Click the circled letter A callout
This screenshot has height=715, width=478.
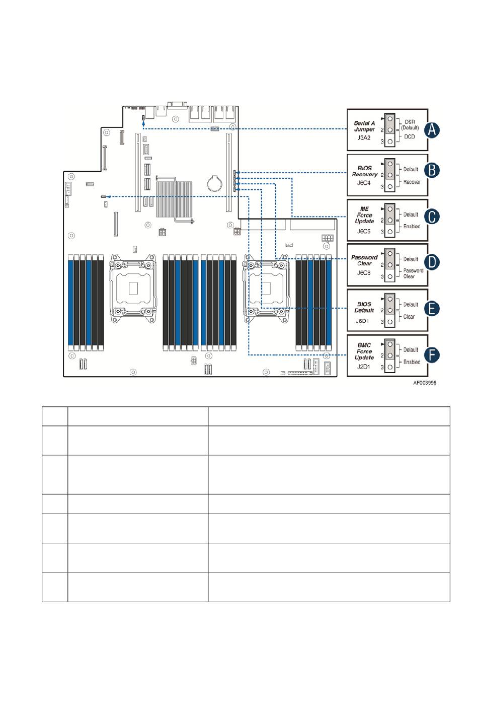point(431,130)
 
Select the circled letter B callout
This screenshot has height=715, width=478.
point(431,170)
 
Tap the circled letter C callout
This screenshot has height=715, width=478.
point(431,217)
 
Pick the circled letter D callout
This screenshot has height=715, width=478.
point(431,262)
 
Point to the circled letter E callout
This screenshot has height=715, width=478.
point(431,309)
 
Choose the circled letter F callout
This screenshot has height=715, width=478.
point(431,355)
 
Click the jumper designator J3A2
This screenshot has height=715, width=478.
point(363,138)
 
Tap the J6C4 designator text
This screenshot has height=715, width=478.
point(363,183)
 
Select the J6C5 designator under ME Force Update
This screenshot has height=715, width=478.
point(363,232)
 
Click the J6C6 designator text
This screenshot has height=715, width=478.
point(363,273)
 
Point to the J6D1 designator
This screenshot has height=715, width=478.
point(363,321)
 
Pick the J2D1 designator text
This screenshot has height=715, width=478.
point(363,367)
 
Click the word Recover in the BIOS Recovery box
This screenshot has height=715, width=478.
point(412,182)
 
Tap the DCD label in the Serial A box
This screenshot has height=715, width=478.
point(410,137)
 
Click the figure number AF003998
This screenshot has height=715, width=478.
point(425,383)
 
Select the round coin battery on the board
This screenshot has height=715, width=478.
point(215,183)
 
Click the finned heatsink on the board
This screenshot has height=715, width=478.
point(174,199)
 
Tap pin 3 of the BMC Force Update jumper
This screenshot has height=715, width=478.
point(389,368)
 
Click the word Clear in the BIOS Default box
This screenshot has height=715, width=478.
point(409,317)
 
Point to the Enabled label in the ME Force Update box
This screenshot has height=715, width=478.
point(412,226)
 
